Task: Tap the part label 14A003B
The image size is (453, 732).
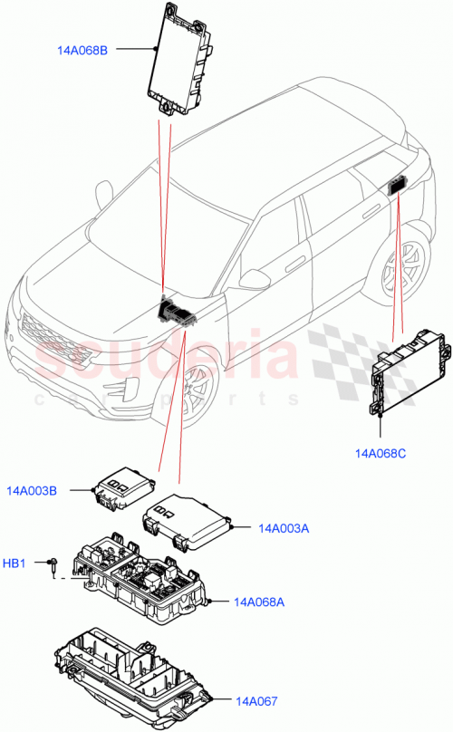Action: point(33,491)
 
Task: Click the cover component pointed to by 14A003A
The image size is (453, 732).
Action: point(188,521)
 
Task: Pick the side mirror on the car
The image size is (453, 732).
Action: point(255,277)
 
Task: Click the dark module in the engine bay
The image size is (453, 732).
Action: point(178,312)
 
